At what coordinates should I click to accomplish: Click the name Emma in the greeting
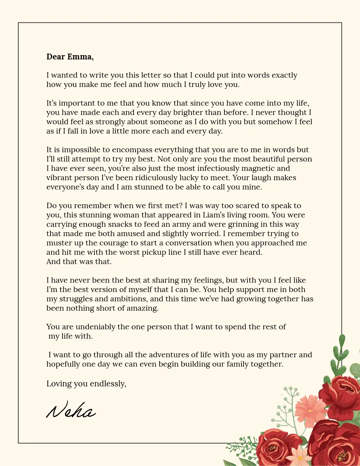pyautogui.click(x=81, y=57)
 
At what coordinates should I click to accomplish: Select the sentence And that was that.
pyautogui.click(x=79, y=261)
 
